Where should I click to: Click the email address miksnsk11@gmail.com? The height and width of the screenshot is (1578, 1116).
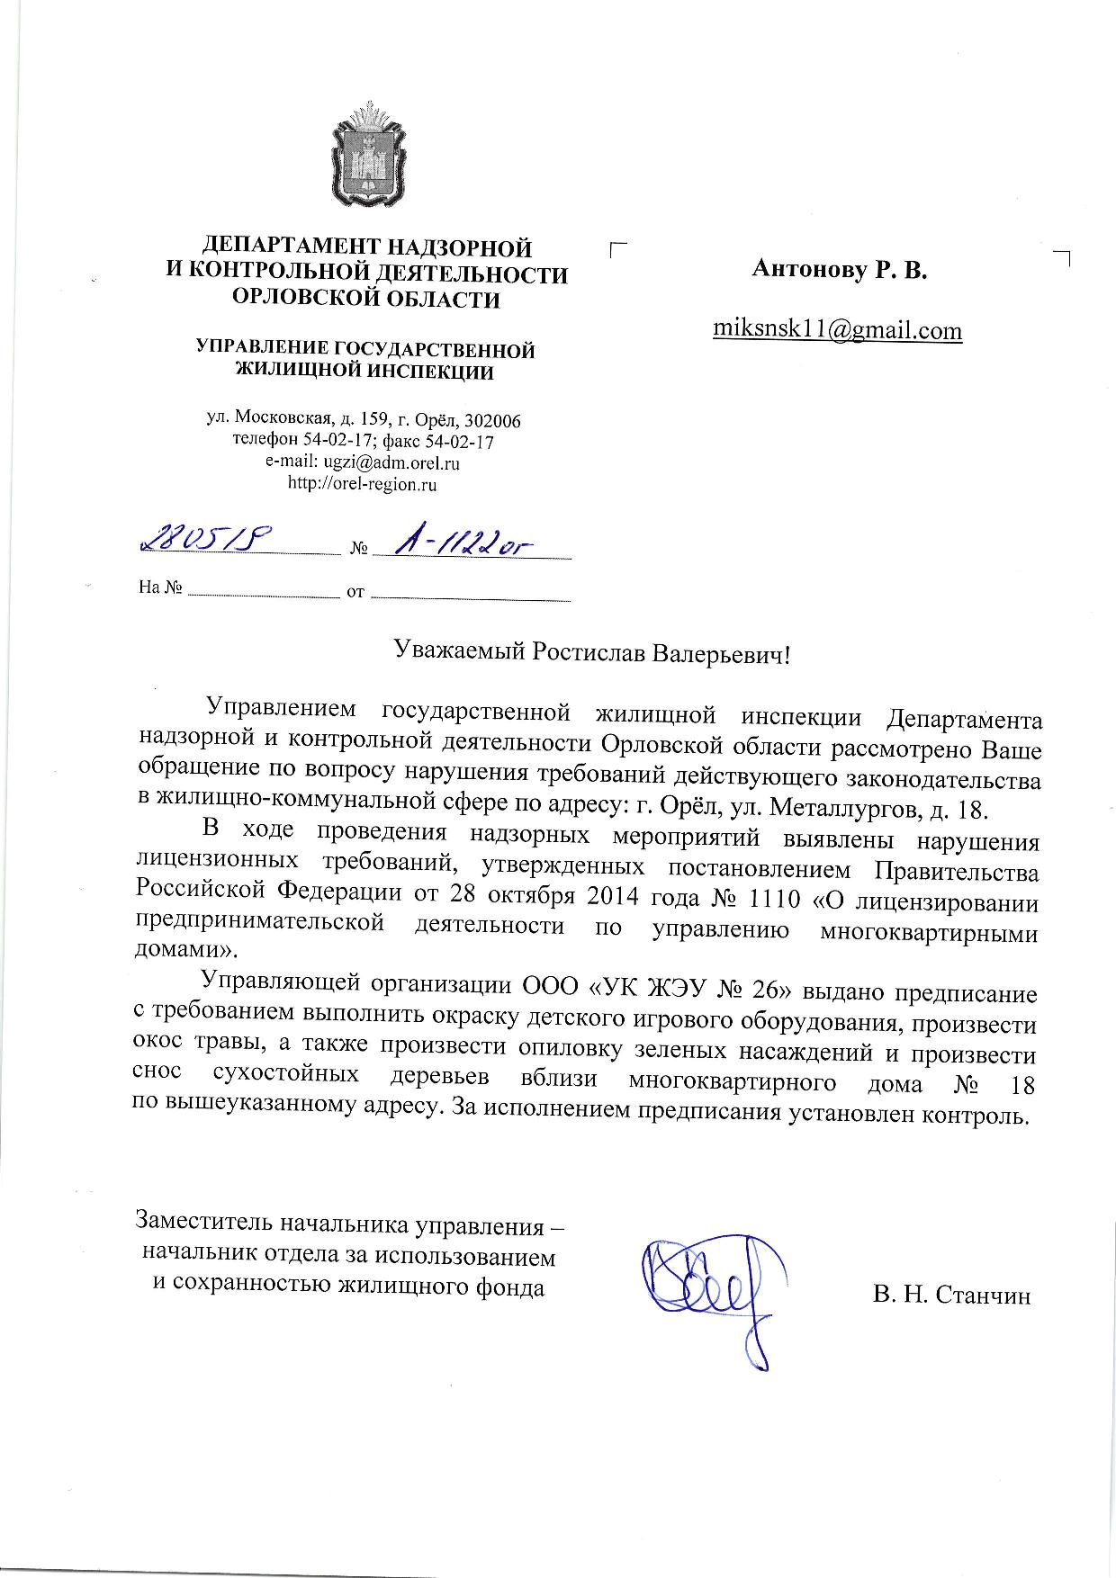[x=837, y=330]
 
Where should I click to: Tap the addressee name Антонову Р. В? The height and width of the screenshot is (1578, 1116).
[x=839, y=268]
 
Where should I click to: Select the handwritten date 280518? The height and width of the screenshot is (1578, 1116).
[x=204, y=542]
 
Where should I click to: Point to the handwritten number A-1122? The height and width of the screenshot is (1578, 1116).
[x=459, y=543]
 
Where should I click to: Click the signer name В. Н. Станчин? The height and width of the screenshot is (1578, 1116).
[x=951, y=1296]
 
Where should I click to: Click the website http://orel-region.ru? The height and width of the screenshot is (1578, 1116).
[x=362, y=484]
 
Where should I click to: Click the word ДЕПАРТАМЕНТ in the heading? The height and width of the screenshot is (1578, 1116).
[x=284, y=247]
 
